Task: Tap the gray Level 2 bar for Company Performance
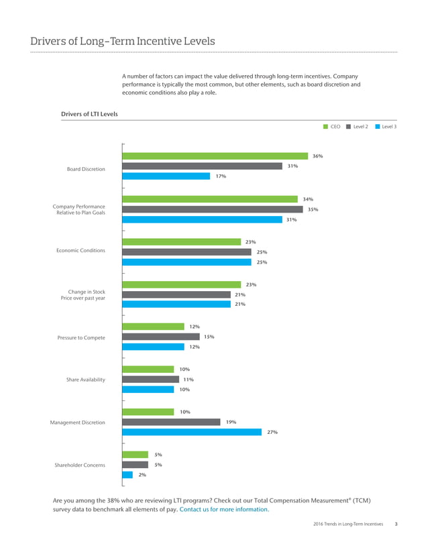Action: click(213, 209)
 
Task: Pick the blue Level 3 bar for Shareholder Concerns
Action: click(127, 475)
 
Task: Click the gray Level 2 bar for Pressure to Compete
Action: click(162, 337)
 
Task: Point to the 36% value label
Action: click(318, 156)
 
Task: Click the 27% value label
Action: click(272, 433)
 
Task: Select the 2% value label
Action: click(142, 475)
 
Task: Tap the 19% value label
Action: click(230, 422)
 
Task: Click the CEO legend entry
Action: click(331, 126)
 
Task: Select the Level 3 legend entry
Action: click(386, 126)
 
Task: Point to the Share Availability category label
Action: click(85, 380)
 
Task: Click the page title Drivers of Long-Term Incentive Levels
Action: click(123, 42)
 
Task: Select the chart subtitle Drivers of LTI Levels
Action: click(89, 114)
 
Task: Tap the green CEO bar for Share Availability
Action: click(149, 369)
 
